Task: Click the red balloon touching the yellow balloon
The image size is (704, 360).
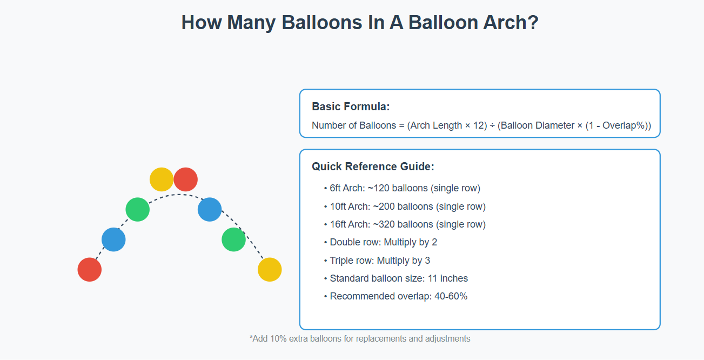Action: point(185,179)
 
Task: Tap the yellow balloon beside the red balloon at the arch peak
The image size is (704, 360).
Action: point(162,179)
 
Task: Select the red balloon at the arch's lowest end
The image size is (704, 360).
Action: point(90,270)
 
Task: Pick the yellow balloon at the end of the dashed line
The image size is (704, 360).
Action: point(270,270)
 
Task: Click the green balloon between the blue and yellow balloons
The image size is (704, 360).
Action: point(234,239)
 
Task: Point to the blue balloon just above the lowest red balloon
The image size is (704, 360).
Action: point(113,239)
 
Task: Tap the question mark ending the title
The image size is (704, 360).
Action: point(533,23)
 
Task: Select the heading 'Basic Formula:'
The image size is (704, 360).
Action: point(351,106)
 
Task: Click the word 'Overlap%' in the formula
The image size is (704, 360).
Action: point(626,125)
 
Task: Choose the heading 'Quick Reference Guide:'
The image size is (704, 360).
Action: point(373,166)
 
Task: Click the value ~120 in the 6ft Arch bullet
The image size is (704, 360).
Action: point(378,188)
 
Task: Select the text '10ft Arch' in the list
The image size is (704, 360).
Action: point(350,206)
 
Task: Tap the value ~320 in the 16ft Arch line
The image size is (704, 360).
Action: point(384,224)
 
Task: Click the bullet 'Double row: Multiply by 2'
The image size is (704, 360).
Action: point(383,242)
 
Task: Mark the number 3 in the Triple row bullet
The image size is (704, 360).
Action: point(427,261)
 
